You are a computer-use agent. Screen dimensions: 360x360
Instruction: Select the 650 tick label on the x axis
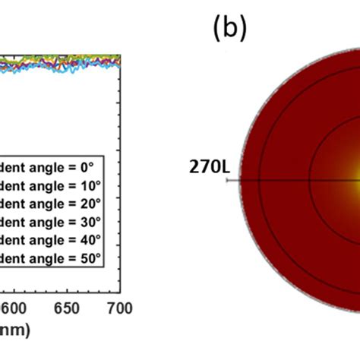coord(67,308)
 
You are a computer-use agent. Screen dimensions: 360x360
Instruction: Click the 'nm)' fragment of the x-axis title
coord(11,333)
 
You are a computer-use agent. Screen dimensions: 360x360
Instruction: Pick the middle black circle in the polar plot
coord(261,180)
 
